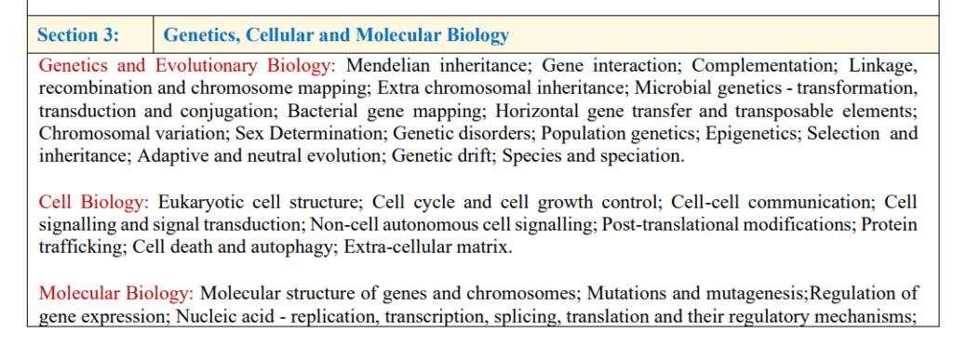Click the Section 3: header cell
pyautogui.click(x=90, y=34)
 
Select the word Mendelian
pyautogui.click(x=388, y=65)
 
